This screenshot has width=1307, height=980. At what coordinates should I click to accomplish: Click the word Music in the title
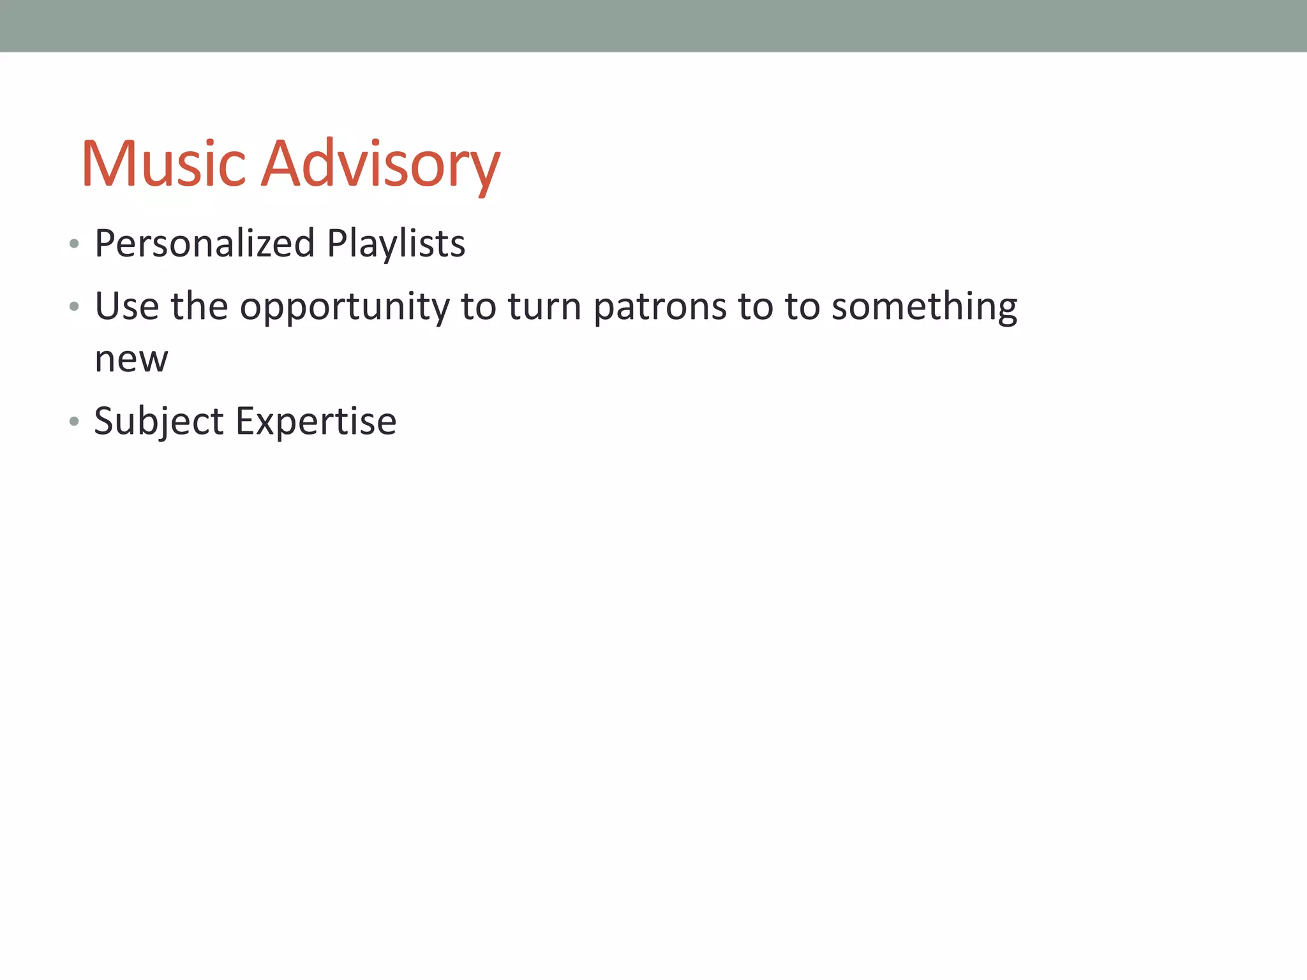[x=163, y=165]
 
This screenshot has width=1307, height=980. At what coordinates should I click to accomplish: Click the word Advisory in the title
[x=381, y=165]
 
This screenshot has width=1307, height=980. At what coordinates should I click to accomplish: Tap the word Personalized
[x=205, y=244]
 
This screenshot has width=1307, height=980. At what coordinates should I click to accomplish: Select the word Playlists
[x=396, y=244]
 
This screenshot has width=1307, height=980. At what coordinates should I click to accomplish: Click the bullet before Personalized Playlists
[x=74, y=244]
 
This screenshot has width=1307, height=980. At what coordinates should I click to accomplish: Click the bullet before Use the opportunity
[x=74, y=307]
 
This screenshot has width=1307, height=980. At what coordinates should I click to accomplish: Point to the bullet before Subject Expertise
[x=74, y=421]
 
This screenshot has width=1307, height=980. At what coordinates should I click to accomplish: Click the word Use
[x=126, y=306]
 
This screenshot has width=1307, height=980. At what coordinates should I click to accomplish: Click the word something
[x=924, y=306]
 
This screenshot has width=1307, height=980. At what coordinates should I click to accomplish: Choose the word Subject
[x=159, y=422]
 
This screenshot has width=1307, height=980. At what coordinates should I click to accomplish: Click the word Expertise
[x=316, y=422]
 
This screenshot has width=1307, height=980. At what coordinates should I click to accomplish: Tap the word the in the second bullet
[x=199, y=306]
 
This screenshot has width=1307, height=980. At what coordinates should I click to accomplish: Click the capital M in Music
[x=105, y=165]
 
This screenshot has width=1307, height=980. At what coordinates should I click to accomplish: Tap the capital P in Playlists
[x=337, y=244]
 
